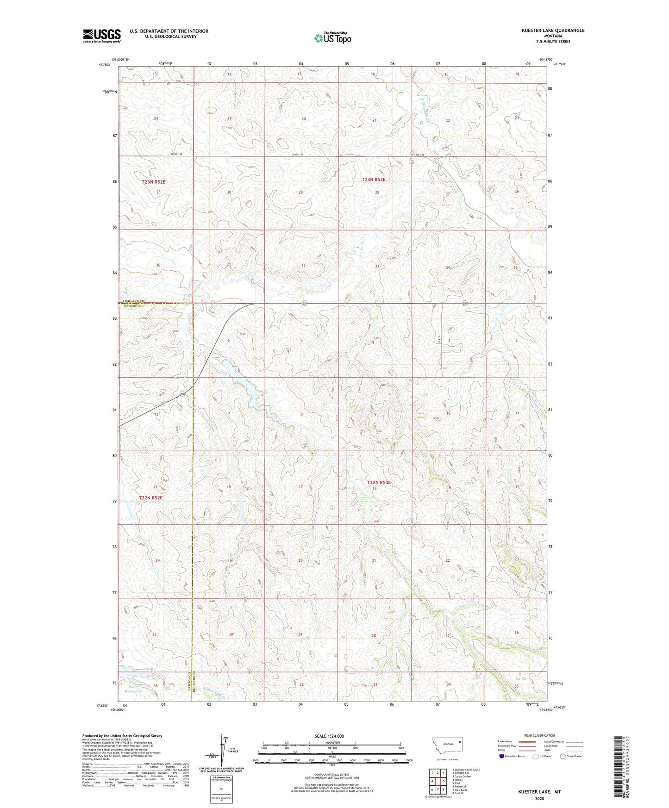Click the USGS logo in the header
(x=102, y=35)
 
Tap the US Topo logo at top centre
(x=332, y=38)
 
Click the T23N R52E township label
(x=154, y=182)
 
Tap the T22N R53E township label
(x=379, y=482)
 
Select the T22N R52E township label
(x=151, y=497)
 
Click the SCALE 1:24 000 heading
(x=329, y=736)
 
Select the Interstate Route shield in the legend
(x=501, y=756)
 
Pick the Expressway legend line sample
(x=521, y=741)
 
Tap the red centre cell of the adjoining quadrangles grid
(x=438, y=781)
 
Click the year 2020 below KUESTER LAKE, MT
(x=539, y=798)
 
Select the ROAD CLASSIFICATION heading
(x=539, y=735)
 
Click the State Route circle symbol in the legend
(x=563, y=756)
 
